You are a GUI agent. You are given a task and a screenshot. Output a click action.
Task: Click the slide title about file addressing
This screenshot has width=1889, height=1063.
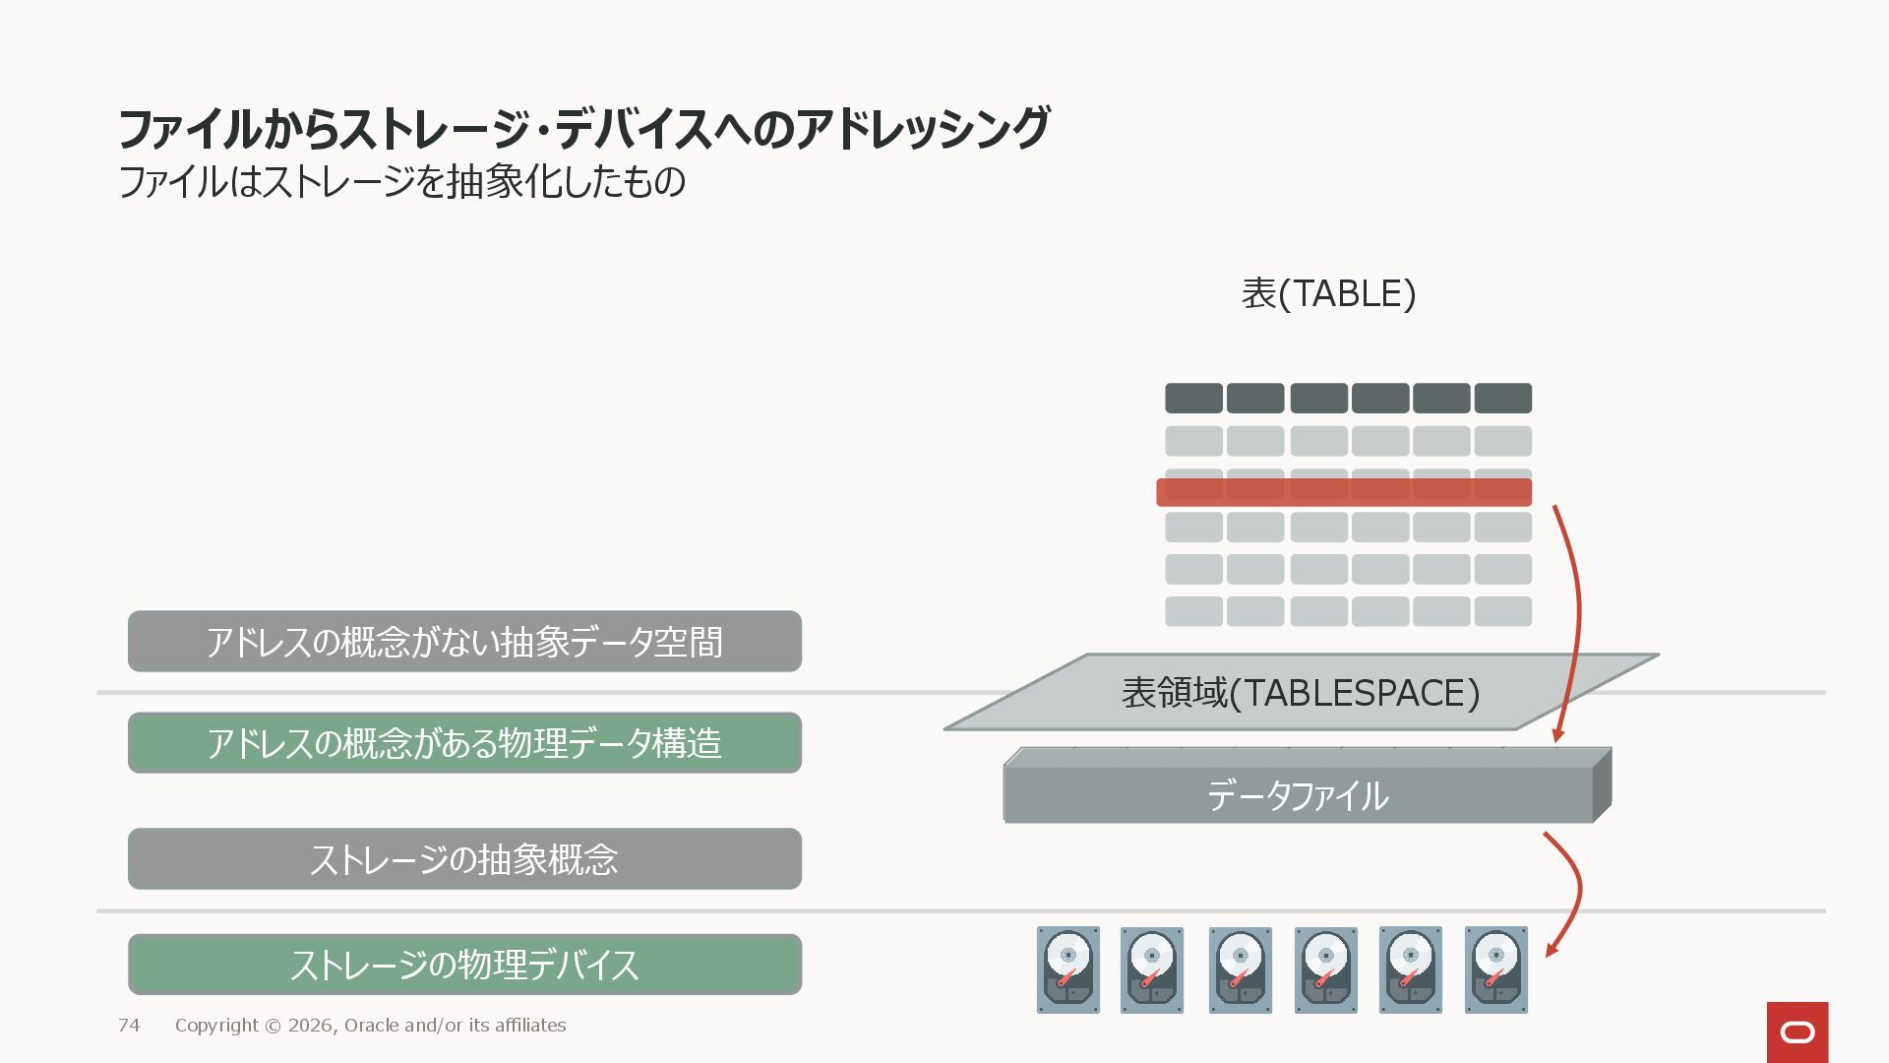pyautogui.click(x=583, y=128)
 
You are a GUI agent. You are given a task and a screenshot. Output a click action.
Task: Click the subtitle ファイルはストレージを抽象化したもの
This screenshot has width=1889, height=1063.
pyautogui.click(x=401, y=182)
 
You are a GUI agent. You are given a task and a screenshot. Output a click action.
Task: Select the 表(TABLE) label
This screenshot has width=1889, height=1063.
pyautogui.click(x=1328, y=293)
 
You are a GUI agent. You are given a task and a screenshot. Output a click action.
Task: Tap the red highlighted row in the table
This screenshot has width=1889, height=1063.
pyautogui.click(x=1344, y=492)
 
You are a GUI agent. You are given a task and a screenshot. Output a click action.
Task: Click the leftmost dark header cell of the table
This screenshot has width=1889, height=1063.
pyautogui.click(x=1193, y=398)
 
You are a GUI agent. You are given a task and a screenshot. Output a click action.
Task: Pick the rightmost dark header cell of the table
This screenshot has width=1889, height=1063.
pyautogui.click(x=1502, y=398)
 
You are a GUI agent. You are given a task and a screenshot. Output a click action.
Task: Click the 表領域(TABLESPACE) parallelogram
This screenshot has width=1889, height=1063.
pyautogui.click(x=1301, y=693)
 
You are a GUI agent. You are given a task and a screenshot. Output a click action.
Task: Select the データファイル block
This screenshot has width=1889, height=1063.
pyautogui.click(x=1298, y=795)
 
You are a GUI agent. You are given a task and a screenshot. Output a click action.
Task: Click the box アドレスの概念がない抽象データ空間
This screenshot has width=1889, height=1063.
pyautogui.click(x=464, y=642)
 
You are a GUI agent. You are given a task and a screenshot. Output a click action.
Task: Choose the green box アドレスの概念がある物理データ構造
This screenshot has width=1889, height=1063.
pyautogui.click(x=464, y=743)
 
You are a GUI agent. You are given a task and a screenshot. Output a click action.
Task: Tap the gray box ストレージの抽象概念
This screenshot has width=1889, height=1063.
pyautogui.click(x=464, y=859)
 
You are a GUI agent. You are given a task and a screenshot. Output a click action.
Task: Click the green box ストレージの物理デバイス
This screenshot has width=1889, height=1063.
pyautogui.click(x=464, y=965)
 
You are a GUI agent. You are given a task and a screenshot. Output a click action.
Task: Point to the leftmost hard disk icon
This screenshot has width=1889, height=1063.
pyautogui.click(x=1067, y=969)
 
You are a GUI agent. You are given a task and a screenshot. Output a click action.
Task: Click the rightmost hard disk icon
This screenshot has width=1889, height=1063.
pyautogui.click(x=1495, y=969)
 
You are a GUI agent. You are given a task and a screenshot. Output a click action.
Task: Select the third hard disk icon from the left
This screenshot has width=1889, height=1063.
pyautogui.click(x=1240, y=969)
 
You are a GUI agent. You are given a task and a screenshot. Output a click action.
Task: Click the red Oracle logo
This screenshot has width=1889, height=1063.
pyautogui.click(x=1798, y=1032)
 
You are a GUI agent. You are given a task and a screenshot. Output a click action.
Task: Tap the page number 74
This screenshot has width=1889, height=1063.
pyautogui.click(x=129, y=1026)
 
